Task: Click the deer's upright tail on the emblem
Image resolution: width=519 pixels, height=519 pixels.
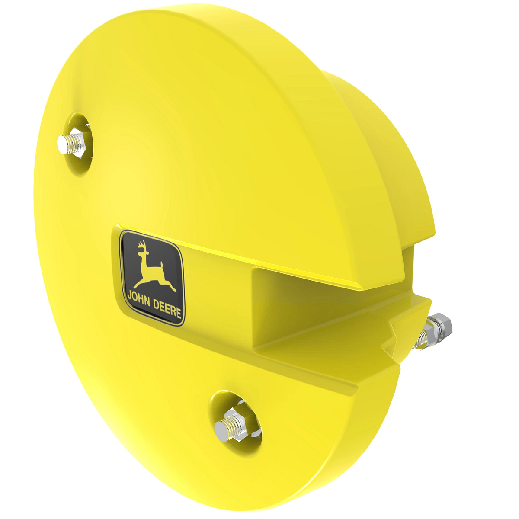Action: coord(161,265)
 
